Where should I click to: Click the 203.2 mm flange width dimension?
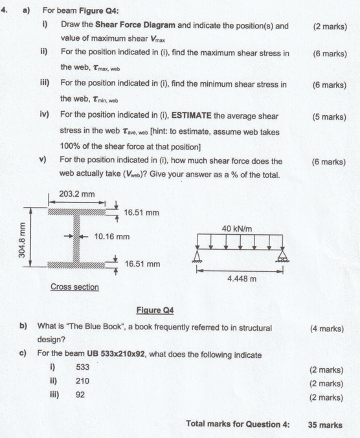tap(77, 193)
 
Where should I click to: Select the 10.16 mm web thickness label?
tap(112, 237)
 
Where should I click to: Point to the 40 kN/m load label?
tap(236, 228)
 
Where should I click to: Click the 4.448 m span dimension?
tap(241, 278)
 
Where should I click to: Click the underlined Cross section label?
tap(74, 287)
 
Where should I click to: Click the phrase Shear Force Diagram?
tap(135, 26)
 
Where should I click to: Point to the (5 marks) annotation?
tap(329, 117)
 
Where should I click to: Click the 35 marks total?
tap(325, 424)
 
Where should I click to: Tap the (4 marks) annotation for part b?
tap(327, 329)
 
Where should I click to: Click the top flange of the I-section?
tap(76, 211)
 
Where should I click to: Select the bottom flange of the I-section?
tap(76, 264)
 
